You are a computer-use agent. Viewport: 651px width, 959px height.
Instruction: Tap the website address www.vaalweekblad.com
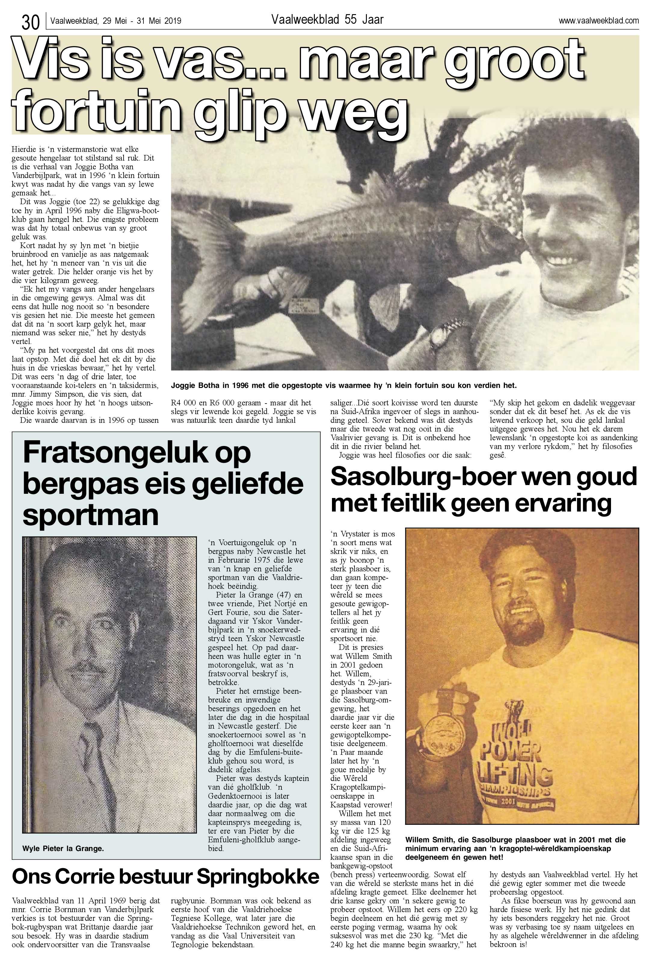[598, 21]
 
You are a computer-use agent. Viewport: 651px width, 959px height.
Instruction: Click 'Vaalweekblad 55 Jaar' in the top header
[327, 20]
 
